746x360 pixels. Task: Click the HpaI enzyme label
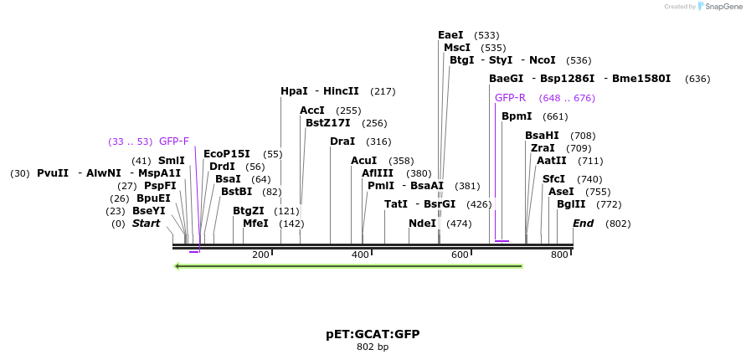294,91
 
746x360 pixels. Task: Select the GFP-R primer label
510,98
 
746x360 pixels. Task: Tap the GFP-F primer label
174,141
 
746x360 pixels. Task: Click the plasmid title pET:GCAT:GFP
373,334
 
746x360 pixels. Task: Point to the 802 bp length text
373,347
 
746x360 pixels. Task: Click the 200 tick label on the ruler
260,255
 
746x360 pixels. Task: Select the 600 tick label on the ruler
460,255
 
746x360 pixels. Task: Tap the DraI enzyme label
342,141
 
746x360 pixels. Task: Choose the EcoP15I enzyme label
227,154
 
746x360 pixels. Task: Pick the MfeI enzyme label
255,224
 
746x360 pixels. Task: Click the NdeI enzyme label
422,224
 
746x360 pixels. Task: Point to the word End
583,224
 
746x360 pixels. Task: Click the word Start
146,224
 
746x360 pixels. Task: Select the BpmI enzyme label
517,116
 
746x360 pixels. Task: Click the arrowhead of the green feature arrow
177,266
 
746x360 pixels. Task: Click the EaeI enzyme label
450,35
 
